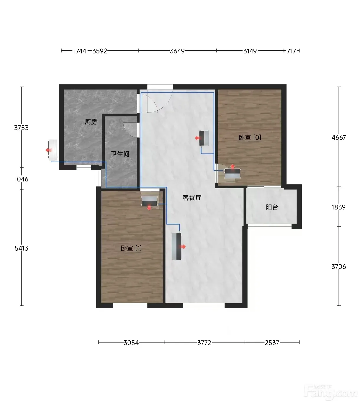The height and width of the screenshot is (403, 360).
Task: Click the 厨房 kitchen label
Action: point(91,122)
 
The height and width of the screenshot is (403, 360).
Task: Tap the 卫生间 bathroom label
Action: point(120,154)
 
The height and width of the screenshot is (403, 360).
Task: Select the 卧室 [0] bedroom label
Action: point(250,137)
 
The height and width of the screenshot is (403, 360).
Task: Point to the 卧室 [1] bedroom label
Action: point(131,248)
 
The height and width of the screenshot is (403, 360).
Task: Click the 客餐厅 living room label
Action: point(192,198)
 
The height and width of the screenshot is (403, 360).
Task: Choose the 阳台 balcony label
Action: point(272,207)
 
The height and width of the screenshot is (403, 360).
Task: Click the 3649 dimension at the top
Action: point(177,51)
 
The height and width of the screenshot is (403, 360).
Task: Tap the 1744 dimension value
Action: point(80,51)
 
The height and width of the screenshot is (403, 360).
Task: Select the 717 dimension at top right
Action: point(291,51)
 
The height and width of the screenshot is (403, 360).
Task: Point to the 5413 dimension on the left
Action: point(22,248)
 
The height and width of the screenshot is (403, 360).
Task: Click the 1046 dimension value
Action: point(21,179)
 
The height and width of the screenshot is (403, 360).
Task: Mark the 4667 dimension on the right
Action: point(339,137)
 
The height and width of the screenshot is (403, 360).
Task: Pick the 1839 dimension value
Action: point(338,207)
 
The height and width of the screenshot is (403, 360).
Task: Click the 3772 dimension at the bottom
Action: point(204,343)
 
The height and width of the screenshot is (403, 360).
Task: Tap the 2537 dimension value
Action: point(272,343)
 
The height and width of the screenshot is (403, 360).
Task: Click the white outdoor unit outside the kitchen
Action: point(53,150)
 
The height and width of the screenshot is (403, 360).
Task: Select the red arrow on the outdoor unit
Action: point(49,150)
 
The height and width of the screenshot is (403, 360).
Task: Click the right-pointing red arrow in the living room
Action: point(183,247)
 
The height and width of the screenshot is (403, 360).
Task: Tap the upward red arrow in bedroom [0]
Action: point(233,166)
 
